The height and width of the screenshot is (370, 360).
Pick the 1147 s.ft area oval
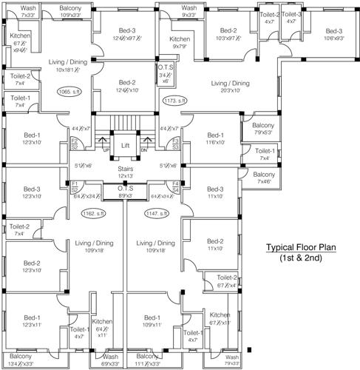click(156, 214)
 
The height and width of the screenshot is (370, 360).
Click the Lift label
click(125, 146)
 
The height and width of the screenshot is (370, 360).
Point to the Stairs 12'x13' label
click(125, 173)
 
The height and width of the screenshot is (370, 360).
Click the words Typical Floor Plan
click(302, 249)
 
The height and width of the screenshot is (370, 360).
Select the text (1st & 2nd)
click(302, 260)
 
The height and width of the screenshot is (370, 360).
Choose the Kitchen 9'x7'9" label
click(180, 43)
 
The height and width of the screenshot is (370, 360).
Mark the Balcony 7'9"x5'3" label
click(262, 129)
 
